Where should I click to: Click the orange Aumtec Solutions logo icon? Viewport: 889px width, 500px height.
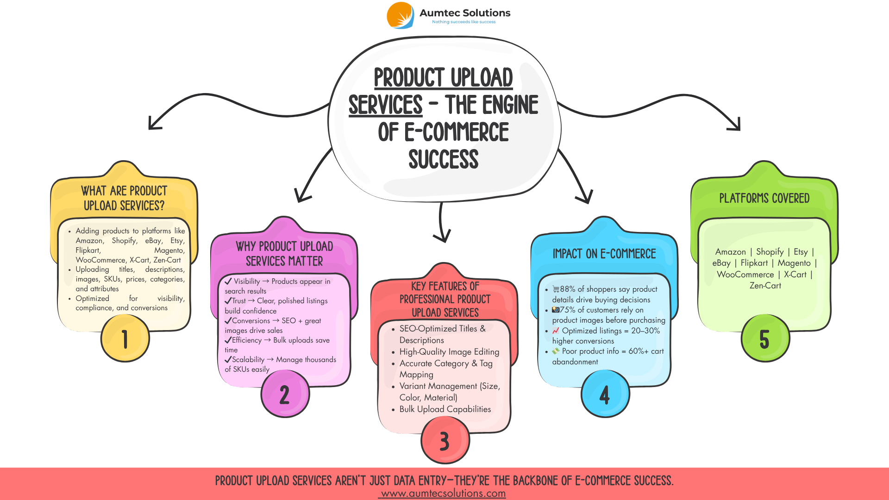(x=401, y=15)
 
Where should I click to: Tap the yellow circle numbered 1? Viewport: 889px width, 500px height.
(x=125, y=338)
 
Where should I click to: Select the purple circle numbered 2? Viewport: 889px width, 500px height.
(x=285, y=394)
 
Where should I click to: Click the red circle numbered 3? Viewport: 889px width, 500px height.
(x=444, y=440)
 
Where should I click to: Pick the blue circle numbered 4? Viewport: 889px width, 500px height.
(x=605, y=394)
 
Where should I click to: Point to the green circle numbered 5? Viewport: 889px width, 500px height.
(x=765, y=338)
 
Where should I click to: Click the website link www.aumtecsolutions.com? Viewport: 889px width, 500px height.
(x=443, y=494)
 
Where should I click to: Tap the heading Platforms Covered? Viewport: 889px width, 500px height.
(x=764, y=198)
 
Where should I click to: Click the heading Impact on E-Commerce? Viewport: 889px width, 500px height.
(x=604, y=254)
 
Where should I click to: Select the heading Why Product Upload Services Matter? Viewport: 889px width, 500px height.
(x=284, y=254)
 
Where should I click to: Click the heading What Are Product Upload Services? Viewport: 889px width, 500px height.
(x=124, y=198)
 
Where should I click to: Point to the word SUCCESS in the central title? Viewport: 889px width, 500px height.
(x=444, y=159)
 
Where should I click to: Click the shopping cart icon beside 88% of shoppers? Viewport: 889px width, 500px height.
(x=556, y=289)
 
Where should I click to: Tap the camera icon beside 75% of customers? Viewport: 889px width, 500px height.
(x=556, y=310)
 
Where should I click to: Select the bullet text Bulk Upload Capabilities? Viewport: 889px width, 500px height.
(x=445, y=409)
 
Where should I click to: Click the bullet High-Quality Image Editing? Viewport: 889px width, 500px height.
(x=449, y=352)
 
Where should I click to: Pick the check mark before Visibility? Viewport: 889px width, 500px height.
(x=228, y=281)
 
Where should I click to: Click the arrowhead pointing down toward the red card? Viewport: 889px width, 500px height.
(x=442, y=237)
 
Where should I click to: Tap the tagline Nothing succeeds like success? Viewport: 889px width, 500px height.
(x=463, y=22)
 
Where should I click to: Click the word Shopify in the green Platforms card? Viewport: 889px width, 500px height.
(x=770, y=252)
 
